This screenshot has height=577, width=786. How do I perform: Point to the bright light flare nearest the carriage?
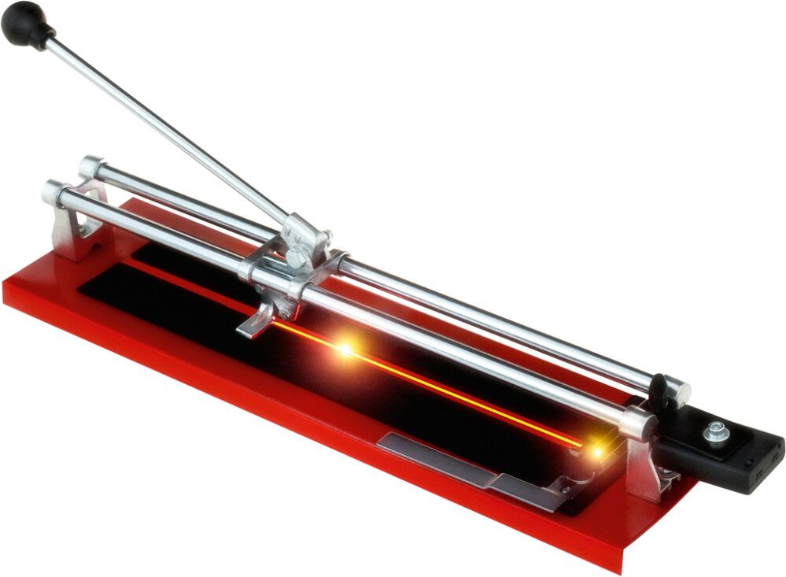point(344,348)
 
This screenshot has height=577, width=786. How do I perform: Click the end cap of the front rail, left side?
point(53,191)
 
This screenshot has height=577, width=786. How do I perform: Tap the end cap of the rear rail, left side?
point(89,165)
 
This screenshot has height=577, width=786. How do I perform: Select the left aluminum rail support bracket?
point(75,228)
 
